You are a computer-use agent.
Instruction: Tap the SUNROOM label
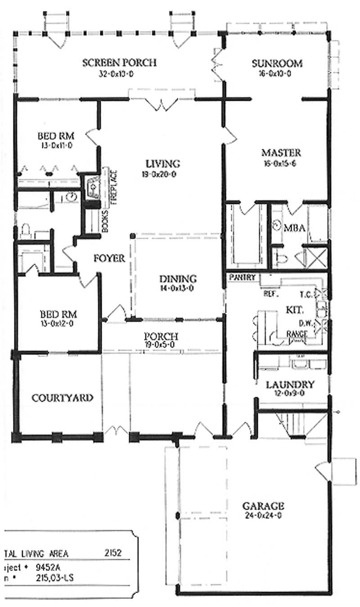(x=277, y=63)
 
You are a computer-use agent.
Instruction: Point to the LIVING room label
(x=162, y=163)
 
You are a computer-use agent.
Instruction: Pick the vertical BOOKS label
(x=105, y=221)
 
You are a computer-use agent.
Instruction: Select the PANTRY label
(x=242, y=277)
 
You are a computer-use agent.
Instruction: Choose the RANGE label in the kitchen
(x=297, y=334)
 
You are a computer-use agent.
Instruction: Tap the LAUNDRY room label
(x=290, y=385)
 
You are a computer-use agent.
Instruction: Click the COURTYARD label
(x=63, y=398)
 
